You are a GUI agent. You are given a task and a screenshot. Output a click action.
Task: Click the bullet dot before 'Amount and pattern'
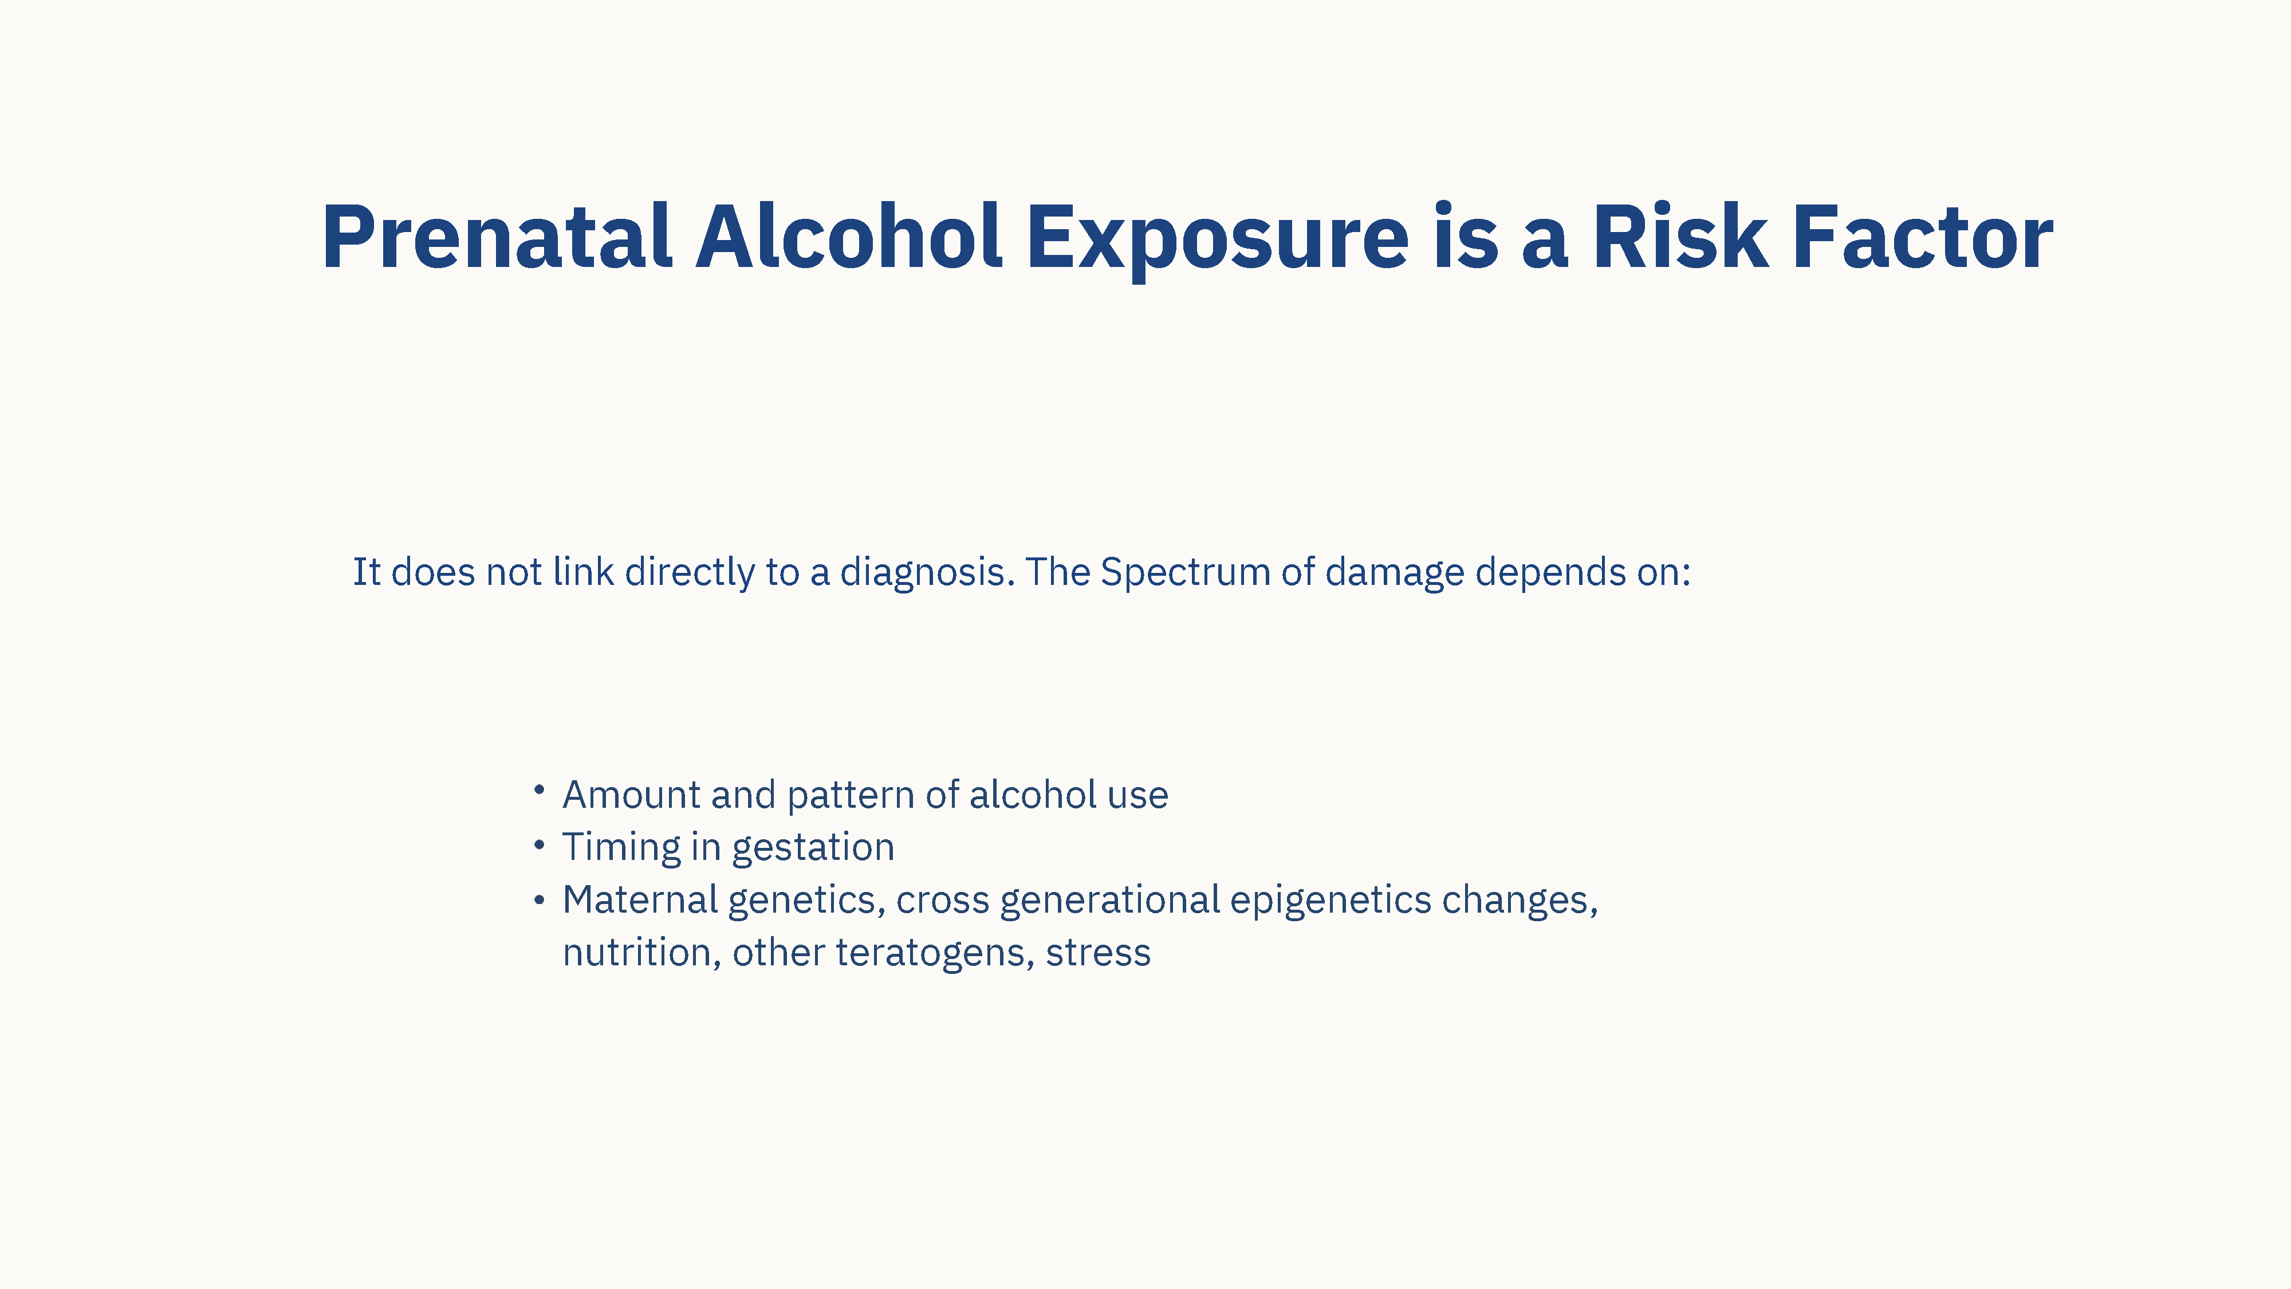pyautogui.click(x=539, y=789)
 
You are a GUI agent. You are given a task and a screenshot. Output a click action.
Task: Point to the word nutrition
pyautogui.click(x=637, y=953)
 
